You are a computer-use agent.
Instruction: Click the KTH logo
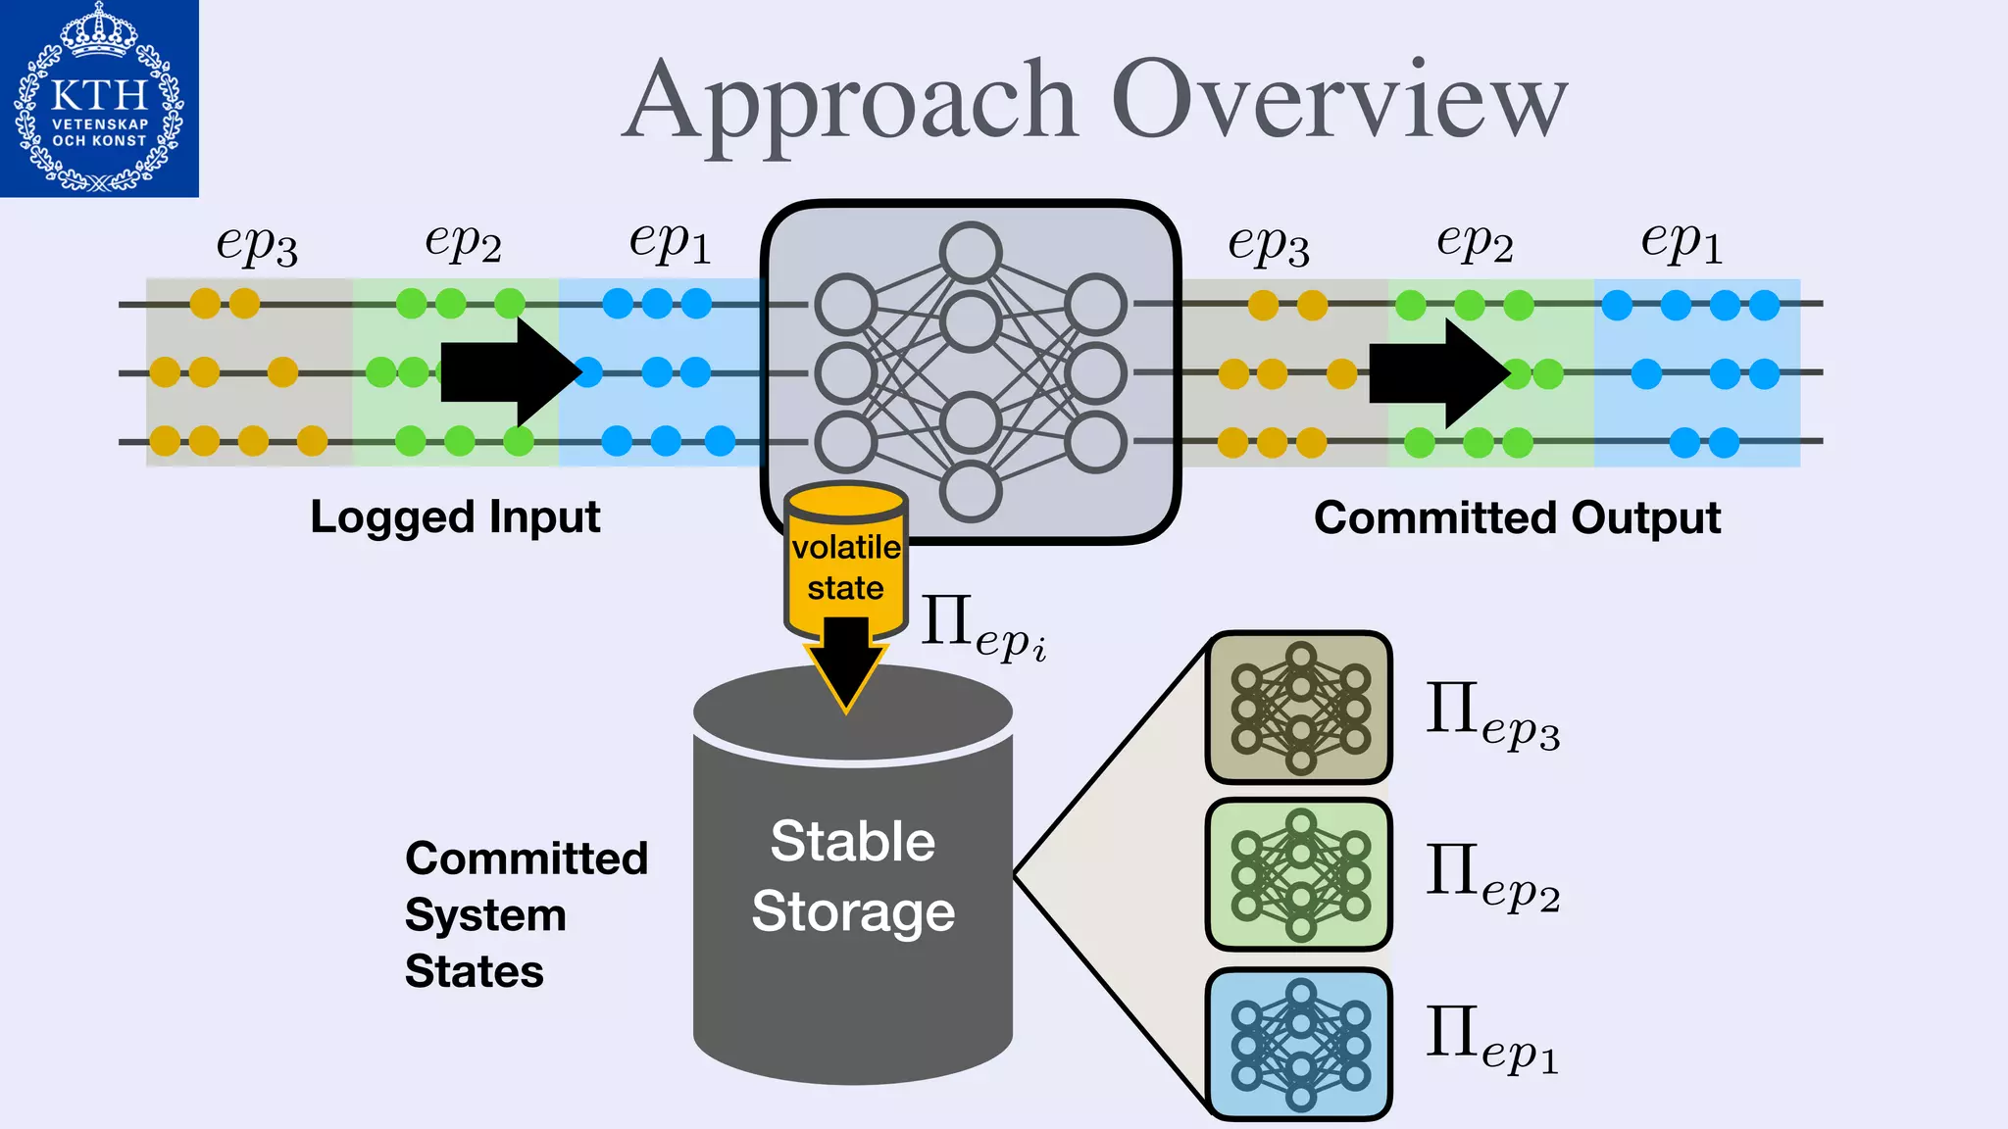[99, 98]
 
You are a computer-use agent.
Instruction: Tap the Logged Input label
[455, 517]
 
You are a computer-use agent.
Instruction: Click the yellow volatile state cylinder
[845, 559]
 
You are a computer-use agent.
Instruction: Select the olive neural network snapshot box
[1299, 708]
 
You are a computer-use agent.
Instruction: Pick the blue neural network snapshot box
[1299, 1044]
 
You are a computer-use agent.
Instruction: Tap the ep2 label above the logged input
[463, 241]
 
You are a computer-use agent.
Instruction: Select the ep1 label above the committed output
[1681, 241]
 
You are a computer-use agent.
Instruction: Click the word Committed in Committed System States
[527, 859]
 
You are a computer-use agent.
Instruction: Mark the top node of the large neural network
[971, 252]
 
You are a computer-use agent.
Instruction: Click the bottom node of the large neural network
[971, 491]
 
